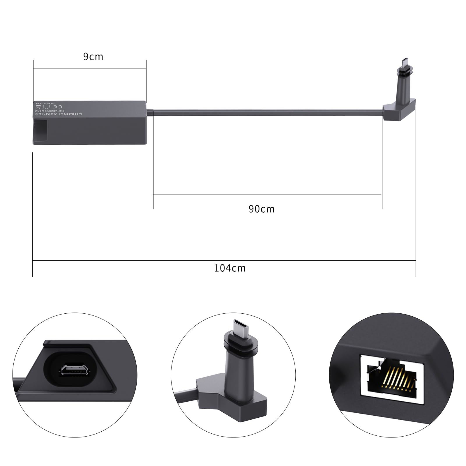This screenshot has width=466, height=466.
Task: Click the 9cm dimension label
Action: click(93, 57)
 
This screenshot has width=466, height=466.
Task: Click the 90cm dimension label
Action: click(262, 209)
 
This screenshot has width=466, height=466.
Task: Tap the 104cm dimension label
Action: click(230, 268)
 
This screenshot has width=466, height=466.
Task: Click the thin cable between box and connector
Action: click(262, 111)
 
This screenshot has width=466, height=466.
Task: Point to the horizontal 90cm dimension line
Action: click(267, 194)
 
